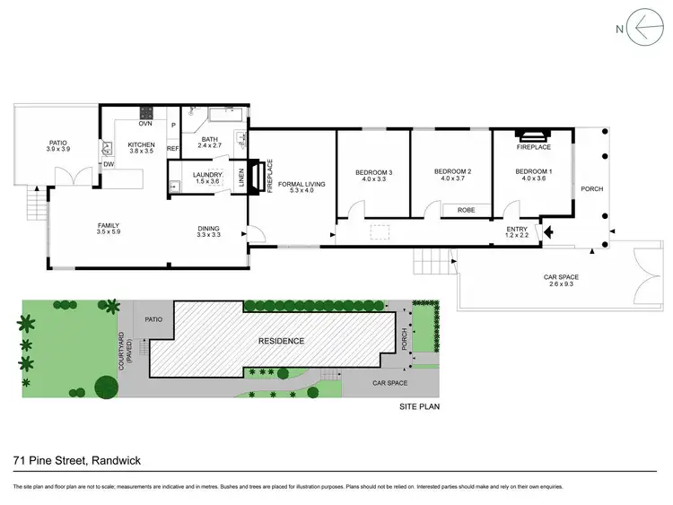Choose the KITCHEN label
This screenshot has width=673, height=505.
[142, 144]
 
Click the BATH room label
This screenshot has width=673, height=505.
[210, 139]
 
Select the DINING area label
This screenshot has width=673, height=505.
[209, 229]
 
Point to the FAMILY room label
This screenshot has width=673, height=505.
[109, 225]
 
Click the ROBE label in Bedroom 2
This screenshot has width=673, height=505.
[466, 210]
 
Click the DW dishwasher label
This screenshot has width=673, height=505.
[108, 164]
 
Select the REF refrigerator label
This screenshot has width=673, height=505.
[173, 149]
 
